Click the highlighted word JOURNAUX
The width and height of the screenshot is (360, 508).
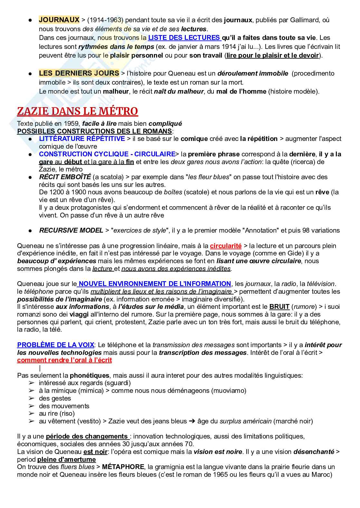59,20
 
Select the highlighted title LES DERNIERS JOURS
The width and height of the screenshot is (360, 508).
79,73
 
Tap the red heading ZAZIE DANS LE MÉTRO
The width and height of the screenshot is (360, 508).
77,111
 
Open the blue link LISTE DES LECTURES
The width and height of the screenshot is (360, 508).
184,38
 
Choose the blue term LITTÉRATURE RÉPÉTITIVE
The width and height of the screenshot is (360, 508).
82,139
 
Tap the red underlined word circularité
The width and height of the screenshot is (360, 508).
225,246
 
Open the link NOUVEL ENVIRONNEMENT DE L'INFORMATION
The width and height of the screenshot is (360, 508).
155,284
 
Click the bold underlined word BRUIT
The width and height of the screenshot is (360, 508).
279,307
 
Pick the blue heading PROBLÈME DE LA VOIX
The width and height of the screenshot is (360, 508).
55,345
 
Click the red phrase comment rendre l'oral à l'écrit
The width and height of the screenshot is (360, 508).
64,360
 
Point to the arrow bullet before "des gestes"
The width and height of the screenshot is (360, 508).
31,398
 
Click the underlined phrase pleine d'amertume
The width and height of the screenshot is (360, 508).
67,459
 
